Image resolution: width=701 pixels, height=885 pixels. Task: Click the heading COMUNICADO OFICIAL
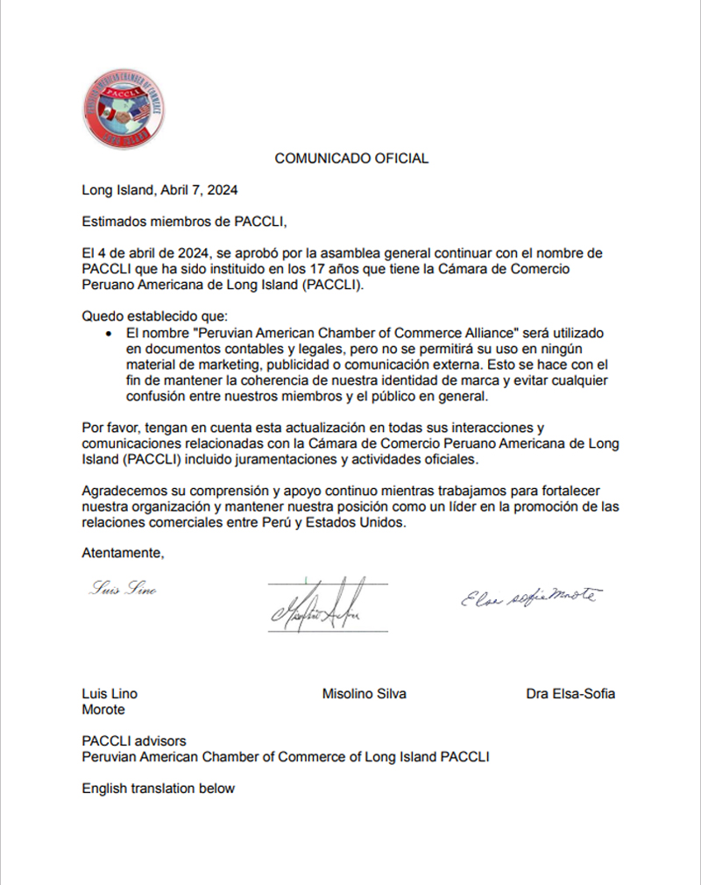(351, 159)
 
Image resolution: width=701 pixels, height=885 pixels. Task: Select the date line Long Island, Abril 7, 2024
(159, 189)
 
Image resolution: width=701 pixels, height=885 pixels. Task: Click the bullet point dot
(108, 335)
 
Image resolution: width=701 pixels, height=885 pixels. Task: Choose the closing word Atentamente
(123, 553)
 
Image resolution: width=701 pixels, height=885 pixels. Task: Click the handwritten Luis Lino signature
(124, 590)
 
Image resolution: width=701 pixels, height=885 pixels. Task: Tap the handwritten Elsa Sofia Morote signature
(529, 597)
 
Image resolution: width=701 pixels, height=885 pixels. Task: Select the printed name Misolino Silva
(364, 694)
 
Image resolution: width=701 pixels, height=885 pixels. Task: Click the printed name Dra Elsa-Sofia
(570, 694)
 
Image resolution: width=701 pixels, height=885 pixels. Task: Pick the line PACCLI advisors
(134, 741)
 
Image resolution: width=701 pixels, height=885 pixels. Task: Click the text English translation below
(159, 789)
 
